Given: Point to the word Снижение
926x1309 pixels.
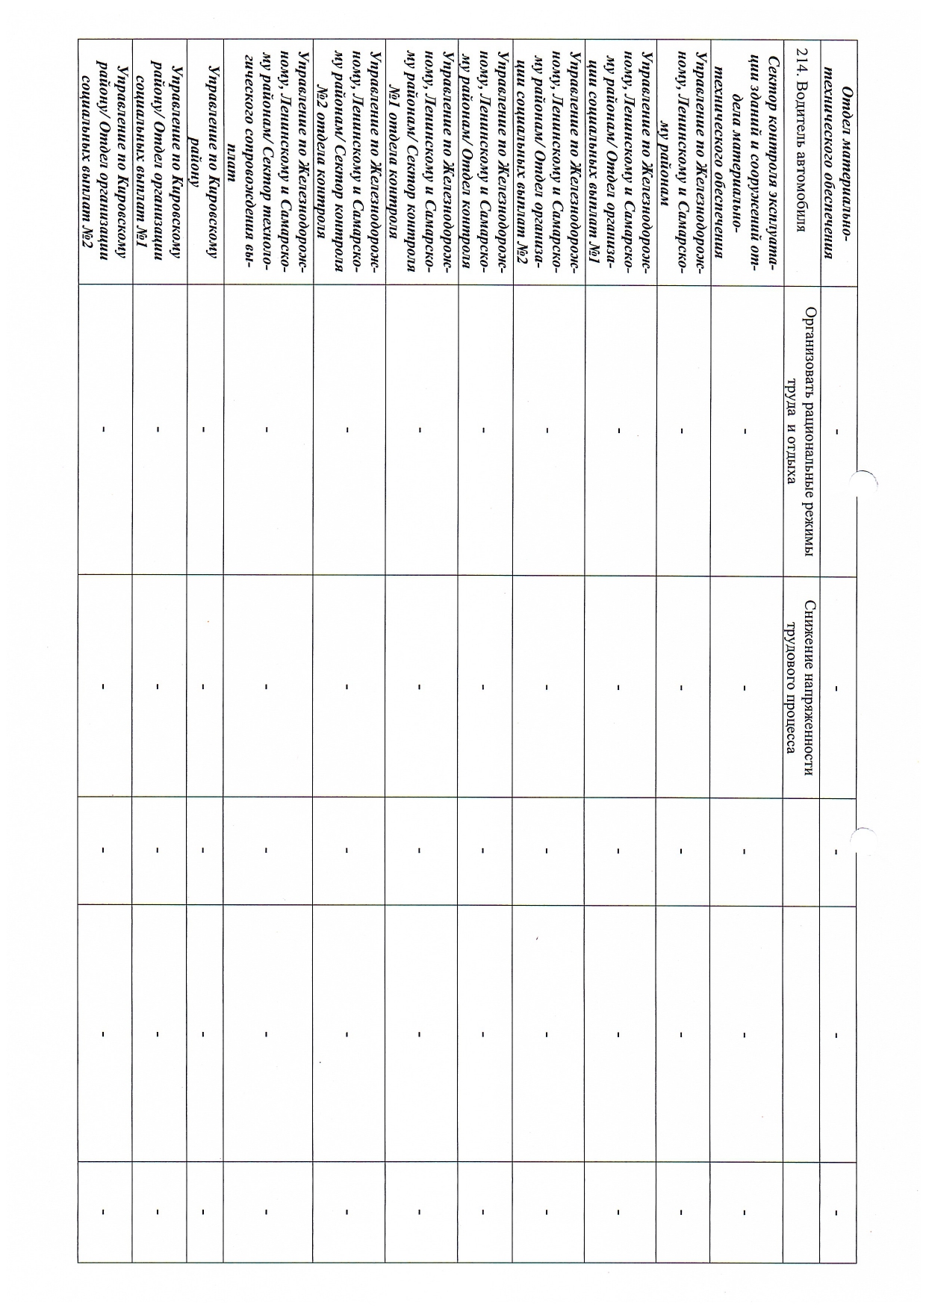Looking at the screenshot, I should click(810, 628).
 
